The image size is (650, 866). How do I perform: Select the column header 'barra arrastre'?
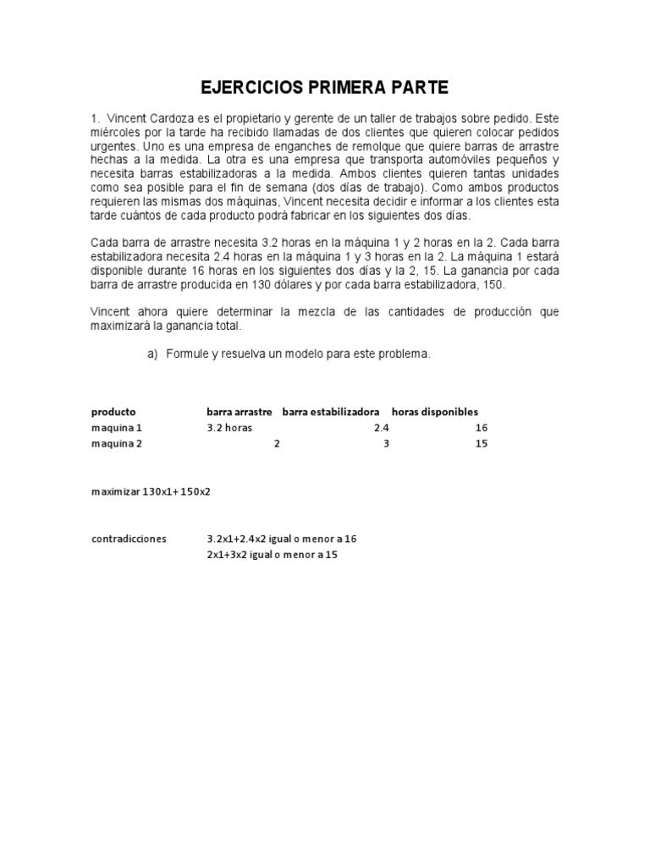pos(239,411)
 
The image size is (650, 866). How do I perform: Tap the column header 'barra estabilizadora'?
pos(330,411)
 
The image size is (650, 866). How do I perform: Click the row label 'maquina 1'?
pos(117,428)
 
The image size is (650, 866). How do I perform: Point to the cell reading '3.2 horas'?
pos(229,428)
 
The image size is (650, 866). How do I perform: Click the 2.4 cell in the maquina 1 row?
pos(381,428)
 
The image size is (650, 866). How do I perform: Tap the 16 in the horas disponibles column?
pos(482,428)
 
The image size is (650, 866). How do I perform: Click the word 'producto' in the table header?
pos(113,411)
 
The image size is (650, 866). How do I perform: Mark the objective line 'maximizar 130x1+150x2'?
pos(151,491)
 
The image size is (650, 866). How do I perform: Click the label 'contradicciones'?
pos(129,538)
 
